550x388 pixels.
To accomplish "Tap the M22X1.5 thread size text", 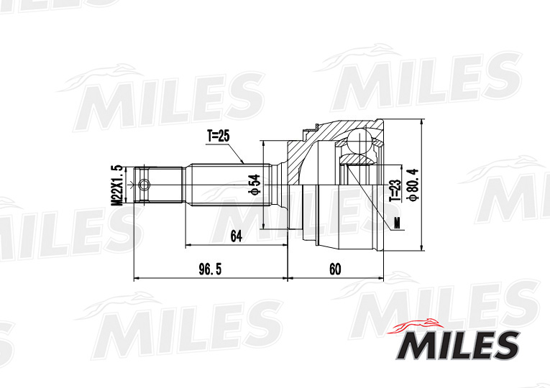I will click(115, 185).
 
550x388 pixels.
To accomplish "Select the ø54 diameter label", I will click(254, 185).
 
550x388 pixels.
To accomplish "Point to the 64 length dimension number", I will click(235, 235).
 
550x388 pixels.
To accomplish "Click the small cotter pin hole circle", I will click(145, 185).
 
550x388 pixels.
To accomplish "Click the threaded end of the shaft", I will click(161, 185).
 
